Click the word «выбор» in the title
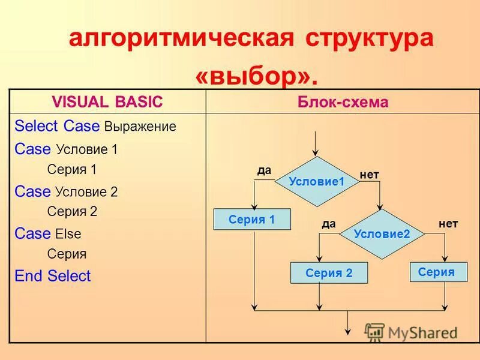tap(254, 76)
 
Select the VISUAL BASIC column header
tap(107, 102)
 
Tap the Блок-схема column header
tap(343, 102)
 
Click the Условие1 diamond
tap(317, 181)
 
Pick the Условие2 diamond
tap(382, 233)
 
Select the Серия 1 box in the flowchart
tap(252, 220)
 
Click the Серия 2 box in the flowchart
tap(329, 273)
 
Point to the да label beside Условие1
tap(265, 170)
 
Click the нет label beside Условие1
tap(370, 175)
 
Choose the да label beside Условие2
tap(328, 224)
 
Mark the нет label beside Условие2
tap(448, 224)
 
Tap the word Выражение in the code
tap(140, 127)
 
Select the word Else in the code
tap(68, 234)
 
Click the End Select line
tap(53, 276)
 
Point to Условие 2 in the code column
tap(86, 192)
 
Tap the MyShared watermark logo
tap(412, 332)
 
